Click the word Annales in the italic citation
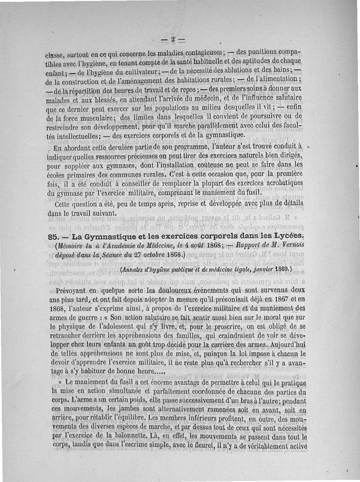(x=134, y=269)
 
